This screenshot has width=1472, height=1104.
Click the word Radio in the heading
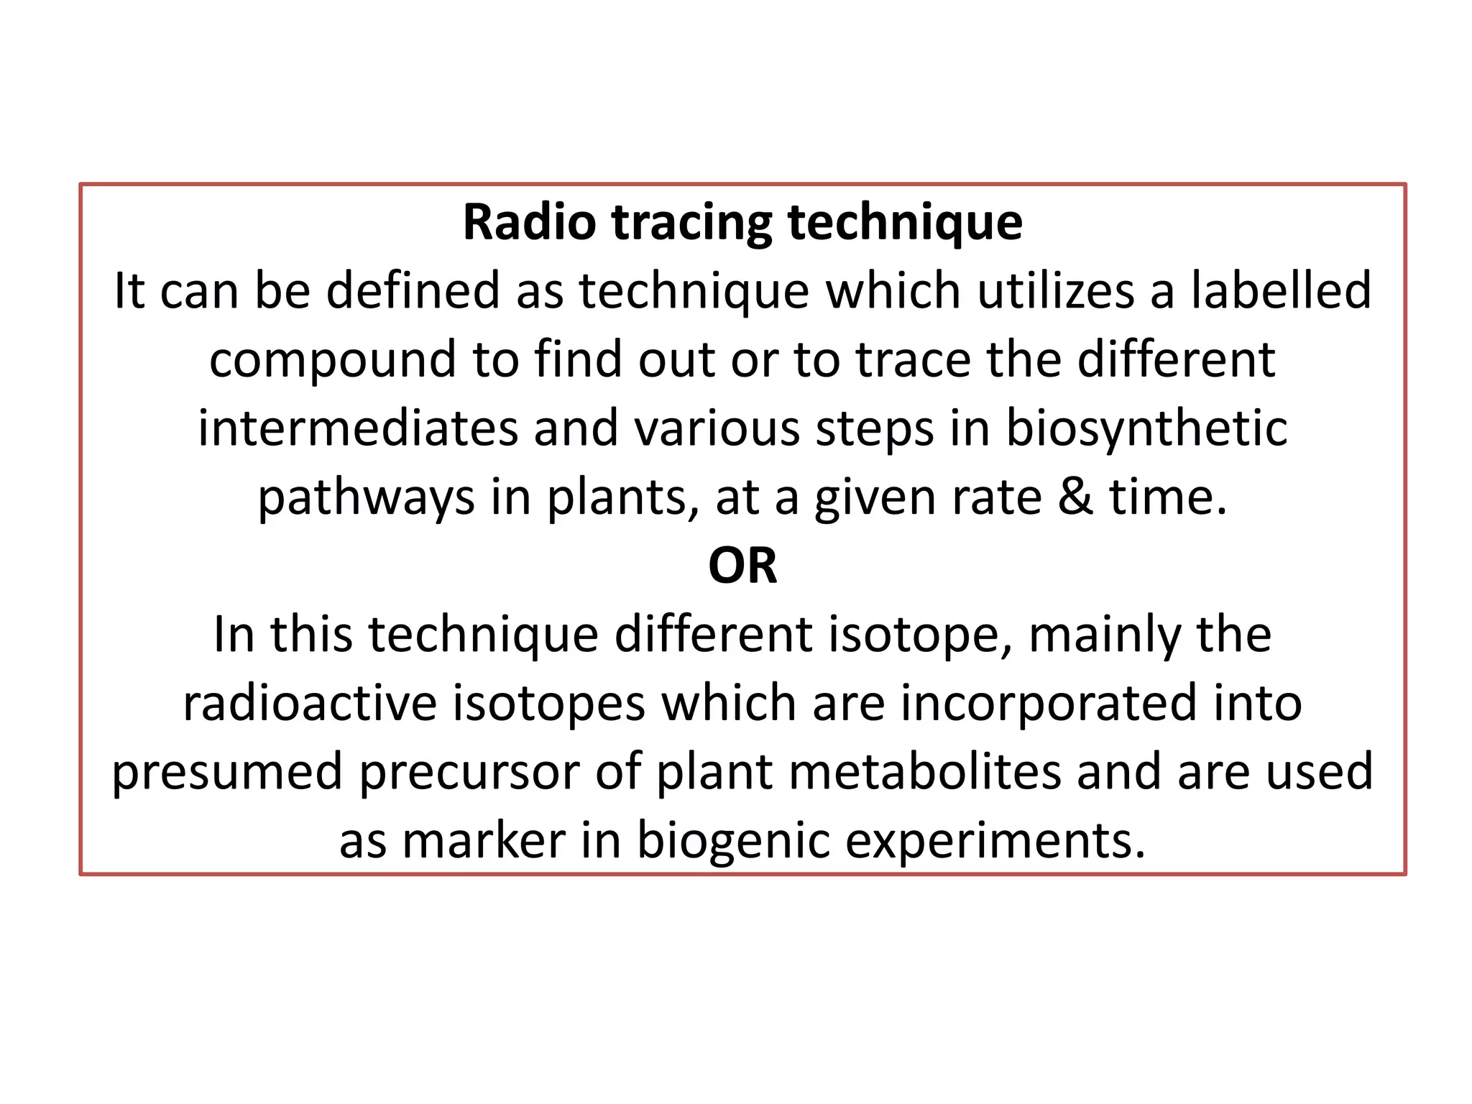pos(529,222)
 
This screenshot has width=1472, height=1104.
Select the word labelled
pos(1282,290)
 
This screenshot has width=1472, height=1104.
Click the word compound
pos(333,360)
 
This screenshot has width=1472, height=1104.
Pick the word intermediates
pos(358,428)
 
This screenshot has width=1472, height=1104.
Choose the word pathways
pos(366,498)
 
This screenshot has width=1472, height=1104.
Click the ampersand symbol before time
pos(1075,497)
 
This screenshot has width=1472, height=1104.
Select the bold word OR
pos(742,566)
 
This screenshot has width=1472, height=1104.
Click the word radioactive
pos(310,703)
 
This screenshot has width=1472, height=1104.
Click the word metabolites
pos(858,771)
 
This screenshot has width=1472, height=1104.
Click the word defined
pos(413,290)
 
